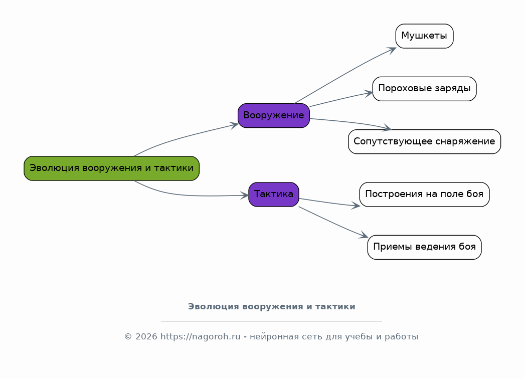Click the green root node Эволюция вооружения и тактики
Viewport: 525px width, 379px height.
(111, 168)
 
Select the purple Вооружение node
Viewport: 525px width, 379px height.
(274, 115)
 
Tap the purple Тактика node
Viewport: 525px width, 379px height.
(274, 195)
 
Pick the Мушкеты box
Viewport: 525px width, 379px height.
(424, 36)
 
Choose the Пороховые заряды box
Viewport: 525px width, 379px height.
(424, 89)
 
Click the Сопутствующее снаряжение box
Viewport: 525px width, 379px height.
(424, 141)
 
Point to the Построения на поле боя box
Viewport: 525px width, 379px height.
(424, 195)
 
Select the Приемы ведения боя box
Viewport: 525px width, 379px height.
(424, 247)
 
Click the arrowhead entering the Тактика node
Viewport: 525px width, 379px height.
(244, 196)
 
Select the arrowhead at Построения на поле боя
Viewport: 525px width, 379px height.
(356, 206)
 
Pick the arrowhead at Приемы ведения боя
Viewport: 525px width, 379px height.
(364, 235)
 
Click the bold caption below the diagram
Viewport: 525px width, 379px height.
(272, 307)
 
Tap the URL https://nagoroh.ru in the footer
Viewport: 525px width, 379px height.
(200, 336)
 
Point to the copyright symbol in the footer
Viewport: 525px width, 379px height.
(128, 337)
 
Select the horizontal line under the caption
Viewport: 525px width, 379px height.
(272, 321)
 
